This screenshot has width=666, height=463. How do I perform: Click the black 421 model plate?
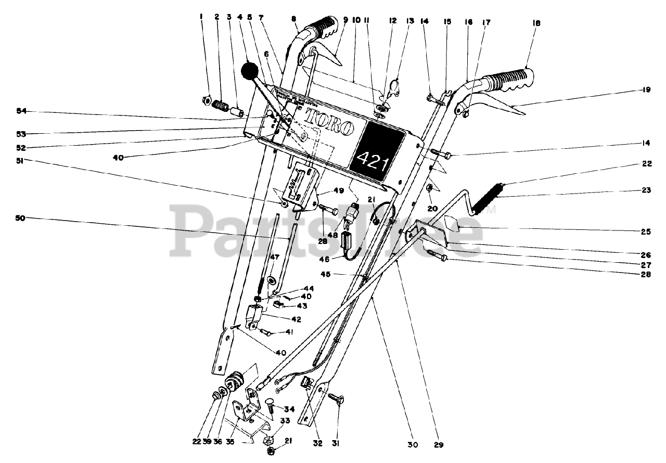pyautogui.click(x=377, y=151)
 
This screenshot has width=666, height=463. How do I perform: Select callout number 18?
pyautogui.click(x=536, y=23)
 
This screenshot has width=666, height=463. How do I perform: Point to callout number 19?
pyautogui.click(x=646, y=89)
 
